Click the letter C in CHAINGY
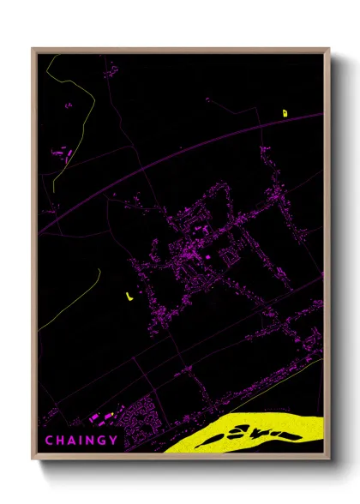48,440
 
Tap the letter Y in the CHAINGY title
115,440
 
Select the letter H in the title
59,440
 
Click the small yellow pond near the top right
285,112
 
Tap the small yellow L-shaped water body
128,297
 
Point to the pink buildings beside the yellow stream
62,155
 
